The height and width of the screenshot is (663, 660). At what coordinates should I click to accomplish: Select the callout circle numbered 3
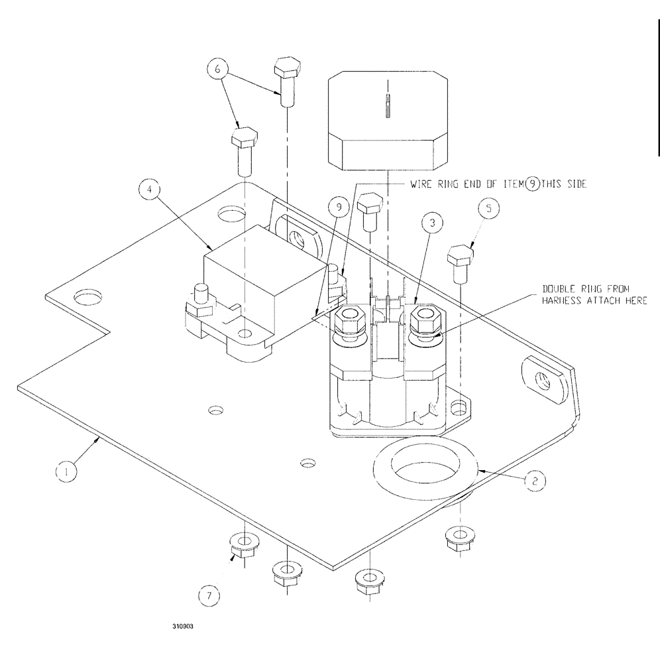click(431, 224)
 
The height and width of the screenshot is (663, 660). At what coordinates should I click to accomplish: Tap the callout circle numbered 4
click(150, 189)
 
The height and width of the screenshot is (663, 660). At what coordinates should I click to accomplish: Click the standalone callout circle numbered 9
click(339, 208)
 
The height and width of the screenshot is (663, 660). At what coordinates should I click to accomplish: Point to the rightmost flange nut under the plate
click(457, 538)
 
